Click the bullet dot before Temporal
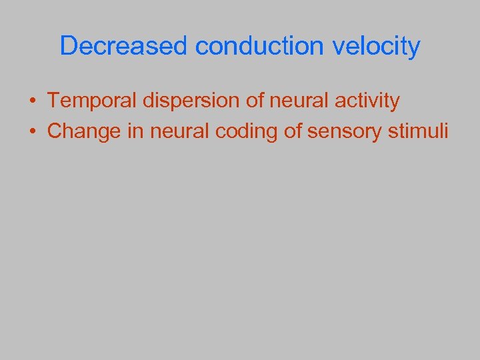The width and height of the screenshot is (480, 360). pos(32,101)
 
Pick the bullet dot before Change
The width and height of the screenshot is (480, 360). pos(32,131)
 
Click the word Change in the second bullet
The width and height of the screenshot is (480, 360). pos(84,131)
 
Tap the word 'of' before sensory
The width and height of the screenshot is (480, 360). pos(294,131)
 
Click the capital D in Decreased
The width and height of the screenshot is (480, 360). pos(68,47)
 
